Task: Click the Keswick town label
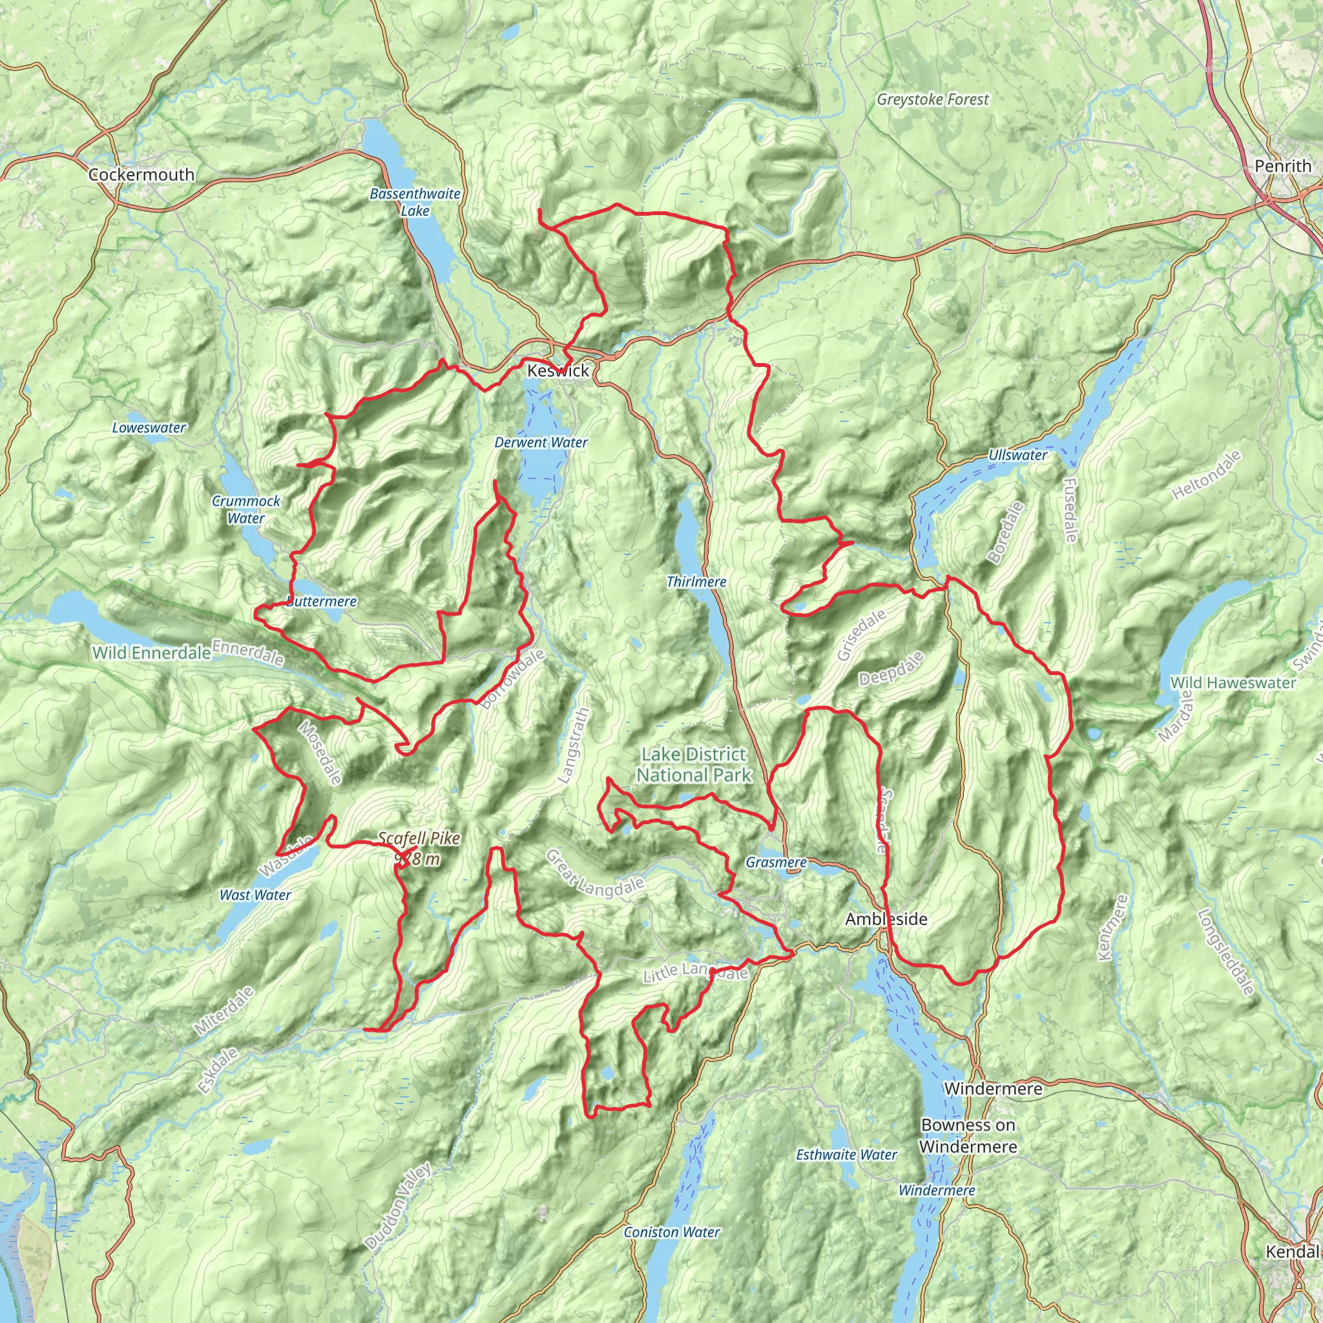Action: (x=557, y=370)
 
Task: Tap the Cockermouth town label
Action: (x=141, y=174)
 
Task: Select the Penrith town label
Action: (x=1282, y=166)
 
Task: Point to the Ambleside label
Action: (x=886, y=919)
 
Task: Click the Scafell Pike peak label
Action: (x=419, y=848)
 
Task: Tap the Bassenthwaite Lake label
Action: (x=415, y=202)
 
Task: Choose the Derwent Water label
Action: (x=541, y=443)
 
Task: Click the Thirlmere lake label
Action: (x=696, y=581)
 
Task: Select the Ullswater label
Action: (x=1017, y=455)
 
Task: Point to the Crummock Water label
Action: (x=246, y=510)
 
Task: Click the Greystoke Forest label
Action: (x=933, y=100)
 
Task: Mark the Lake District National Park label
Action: (x=694, y=764)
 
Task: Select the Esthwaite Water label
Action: (x=846, y=1154)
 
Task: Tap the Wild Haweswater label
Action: (x=1233, y=683)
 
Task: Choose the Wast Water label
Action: (x=255, y=895)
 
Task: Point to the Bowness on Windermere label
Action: (x=968, y=1136)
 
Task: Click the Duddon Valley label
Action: (x=398, y=1206)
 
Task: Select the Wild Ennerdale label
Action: (x=151, y=652)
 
